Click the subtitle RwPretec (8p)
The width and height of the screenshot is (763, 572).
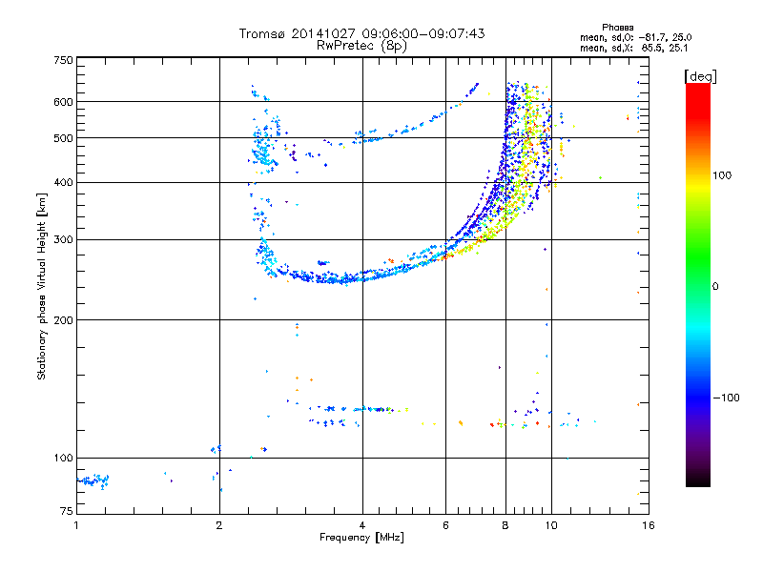(361, 46)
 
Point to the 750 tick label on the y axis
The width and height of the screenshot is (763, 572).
(63, 60)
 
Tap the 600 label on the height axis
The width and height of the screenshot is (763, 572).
(63, 102)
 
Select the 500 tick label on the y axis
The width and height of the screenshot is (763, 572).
(63, 138)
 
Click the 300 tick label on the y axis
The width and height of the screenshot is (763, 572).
(63, 239)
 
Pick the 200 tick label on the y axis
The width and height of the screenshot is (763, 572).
(63, 320)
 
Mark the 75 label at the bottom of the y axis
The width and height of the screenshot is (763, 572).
(67, 511)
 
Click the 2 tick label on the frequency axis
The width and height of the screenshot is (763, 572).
(219, 525)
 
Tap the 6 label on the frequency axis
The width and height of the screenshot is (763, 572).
(445, 525)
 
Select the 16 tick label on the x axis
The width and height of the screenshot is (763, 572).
(649, 525)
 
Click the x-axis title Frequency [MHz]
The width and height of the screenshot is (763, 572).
(361, 538)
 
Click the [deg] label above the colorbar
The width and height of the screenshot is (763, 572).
(700, 76)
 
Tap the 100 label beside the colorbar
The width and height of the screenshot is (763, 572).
(722, 175)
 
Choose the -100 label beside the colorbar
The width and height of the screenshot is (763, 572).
(726, 398)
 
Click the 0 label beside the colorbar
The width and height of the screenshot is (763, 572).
(715, 287)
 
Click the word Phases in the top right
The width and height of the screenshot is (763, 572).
(617, 28)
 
